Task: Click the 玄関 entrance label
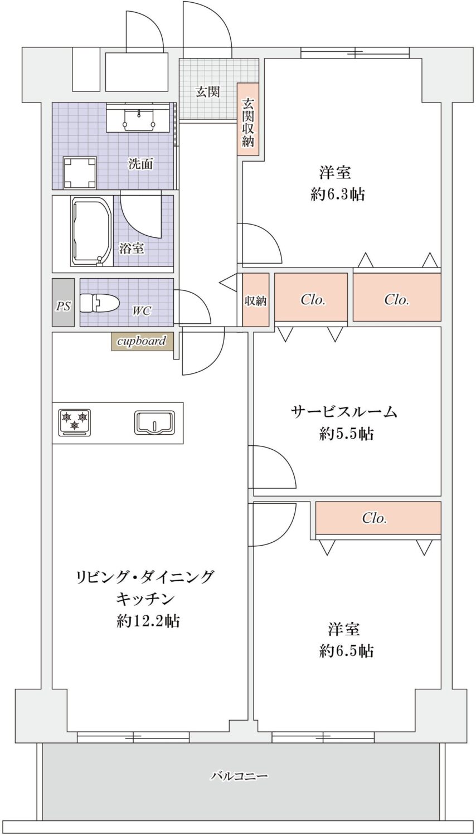point(207,91)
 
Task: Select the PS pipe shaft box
point(64,302)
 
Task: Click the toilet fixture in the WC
point(99,303)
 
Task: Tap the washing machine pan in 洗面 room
point(80,173)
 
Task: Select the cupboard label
point(142,341)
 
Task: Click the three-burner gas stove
point(75,422)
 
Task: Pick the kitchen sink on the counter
point(154,422)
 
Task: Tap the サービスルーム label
point(343,412)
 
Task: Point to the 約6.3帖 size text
point(338,195)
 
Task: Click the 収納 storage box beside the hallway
point(256,300)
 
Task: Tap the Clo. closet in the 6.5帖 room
point(378,518)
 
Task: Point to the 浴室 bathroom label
point(132,248)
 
